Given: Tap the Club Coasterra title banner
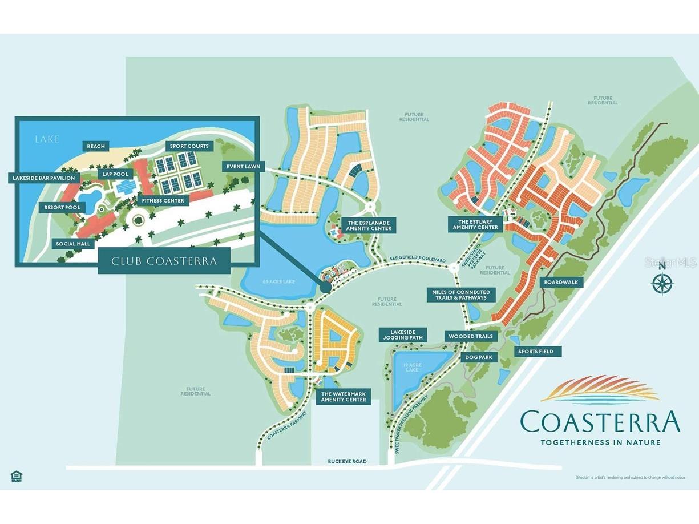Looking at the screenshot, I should click(164, 261).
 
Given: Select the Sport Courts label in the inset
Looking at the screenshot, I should click(189, 146).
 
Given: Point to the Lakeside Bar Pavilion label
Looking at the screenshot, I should click(44, 178).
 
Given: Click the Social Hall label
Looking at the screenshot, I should click(73, 244).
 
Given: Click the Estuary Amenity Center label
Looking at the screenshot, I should click(475, 224).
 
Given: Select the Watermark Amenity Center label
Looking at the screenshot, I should click(343, 397).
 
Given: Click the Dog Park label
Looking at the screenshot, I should click(478, 357).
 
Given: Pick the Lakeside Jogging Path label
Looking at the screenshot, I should click(406, 335).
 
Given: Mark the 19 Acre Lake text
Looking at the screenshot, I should click(411, 366).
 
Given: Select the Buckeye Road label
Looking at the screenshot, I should click(348, 461).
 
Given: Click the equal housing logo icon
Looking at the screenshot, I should click(15, 476).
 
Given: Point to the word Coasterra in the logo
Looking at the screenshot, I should click(600, 422).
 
